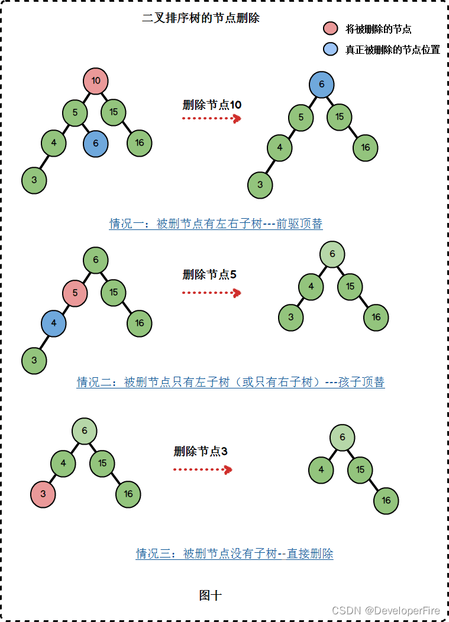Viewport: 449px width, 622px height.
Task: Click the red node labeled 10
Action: pyautogui.click(x=96, y=81)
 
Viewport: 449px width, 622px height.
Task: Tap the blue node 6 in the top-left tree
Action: pyautogui.click(x=95, y=143)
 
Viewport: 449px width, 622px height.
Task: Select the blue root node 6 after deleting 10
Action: pyautogui.click(x=321, y=85)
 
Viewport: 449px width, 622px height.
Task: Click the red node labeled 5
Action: pyautogui.click(x=75, y=293)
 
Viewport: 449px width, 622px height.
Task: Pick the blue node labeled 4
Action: pyautogui.click(x=53, y=323)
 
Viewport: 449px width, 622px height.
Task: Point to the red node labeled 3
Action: pyautogui.click(x=43, y=493)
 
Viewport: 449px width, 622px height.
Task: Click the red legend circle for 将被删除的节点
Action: pyautogui.click(x=331, y=28)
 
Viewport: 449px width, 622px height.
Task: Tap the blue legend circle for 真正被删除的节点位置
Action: pyautogui.click(x=331, y=49)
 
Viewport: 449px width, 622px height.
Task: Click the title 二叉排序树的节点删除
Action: pyautogui.click(x=201, y=18)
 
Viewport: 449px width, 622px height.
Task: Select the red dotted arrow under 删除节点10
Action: pyautogui.click(x=211, y=118)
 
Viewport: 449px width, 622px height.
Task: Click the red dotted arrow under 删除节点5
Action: pyautogui.click(x=211, y=292)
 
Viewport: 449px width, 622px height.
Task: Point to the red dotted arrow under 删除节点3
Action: pyautogui.click(x=202, y=469)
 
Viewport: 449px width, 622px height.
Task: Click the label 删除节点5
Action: pyautogui.click(x=209, y=274)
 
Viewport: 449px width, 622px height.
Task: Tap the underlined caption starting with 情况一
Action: pyautogui.click(x=216, y=223)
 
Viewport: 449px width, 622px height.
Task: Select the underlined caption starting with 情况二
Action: pyautogui.click(x=231, y=382)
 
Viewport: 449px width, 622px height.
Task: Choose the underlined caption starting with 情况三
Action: pyautogui.click(x=235, y=553)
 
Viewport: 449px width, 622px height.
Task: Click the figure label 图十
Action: pyautogui.click(x=210, y=595)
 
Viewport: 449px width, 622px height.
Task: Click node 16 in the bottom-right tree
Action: pyautogui.click(x=386, y=501)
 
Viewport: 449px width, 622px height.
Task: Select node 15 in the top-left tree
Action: pyautogui.click(x=113, y=112)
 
